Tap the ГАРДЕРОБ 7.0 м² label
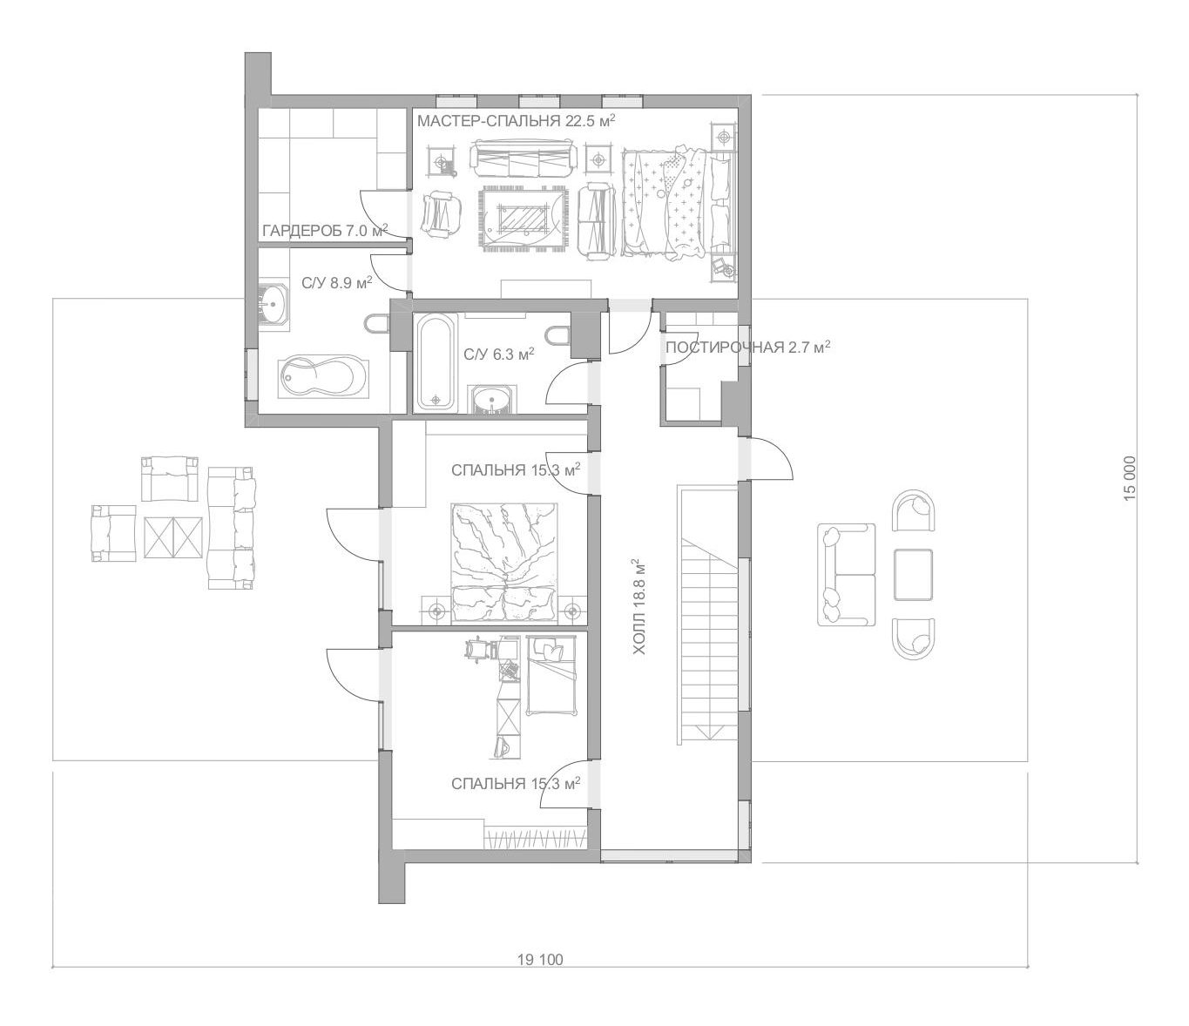tap(325, 231)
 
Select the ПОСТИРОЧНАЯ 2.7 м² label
tap(747, 347)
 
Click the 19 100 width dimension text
tap(539, 960)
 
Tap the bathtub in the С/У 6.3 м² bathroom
tap(436, 362)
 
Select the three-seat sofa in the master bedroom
tap(523, 161)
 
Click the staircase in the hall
tap(709, 616)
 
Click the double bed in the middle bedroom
tap(504, 563)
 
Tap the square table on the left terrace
tap(173, 537)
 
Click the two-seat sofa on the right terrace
tap(846, 574)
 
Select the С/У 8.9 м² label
tap(337, 282)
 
